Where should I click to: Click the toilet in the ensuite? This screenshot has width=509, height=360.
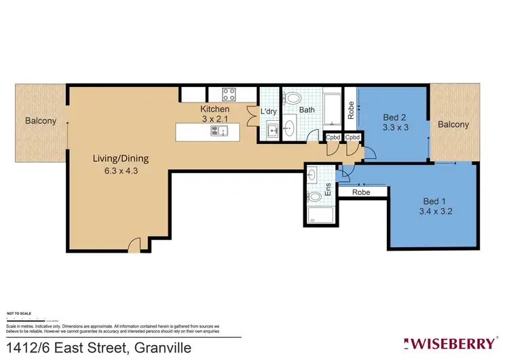[x=314, y=196]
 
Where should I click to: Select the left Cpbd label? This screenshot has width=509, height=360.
[x=333, y=138]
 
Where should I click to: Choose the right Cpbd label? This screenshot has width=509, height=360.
[x=352, y=138]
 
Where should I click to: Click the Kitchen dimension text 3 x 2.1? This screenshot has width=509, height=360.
[x=214, y=120]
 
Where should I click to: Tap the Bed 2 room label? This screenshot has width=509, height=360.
[x=394, y=116]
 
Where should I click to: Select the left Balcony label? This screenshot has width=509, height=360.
[x=41, y=122]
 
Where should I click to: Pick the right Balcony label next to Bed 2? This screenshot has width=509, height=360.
[x=453, y=124]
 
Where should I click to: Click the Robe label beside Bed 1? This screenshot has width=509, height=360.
[x=361, y=193]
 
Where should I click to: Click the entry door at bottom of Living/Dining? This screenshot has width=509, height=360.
[x=134, y=245]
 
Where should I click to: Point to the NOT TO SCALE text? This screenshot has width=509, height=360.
[x=19, y=313]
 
